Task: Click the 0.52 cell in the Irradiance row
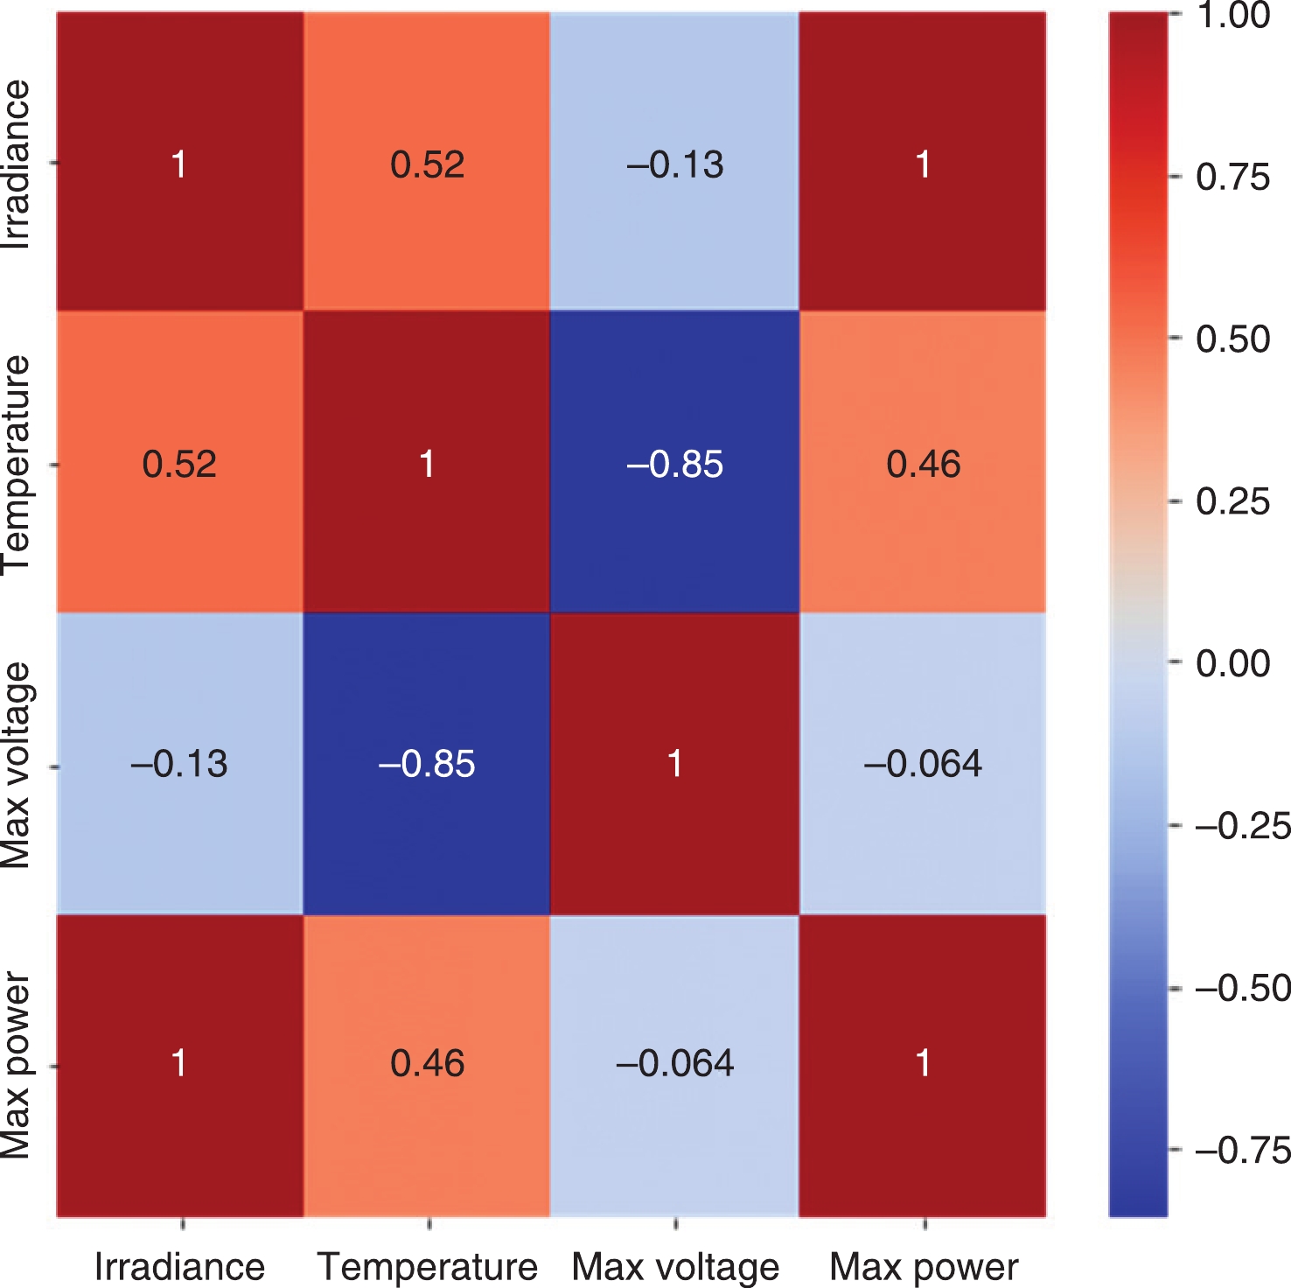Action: click(427, 164)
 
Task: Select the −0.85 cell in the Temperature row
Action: click(674, 464)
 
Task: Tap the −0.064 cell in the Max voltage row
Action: click(923, 764)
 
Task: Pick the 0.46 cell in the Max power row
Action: click(427, 1063)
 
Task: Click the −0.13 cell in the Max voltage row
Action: click(179, 764)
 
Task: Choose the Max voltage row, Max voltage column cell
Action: click(674, 764)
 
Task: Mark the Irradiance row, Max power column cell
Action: click(923, 164)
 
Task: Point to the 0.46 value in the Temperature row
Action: click(923, 464)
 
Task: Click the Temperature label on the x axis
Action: click(427, 1266)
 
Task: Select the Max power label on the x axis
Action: click(924, 1266)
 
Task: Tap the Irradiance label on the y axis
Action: click(17, 164)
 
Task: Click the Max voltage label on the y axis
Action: click(17, 765)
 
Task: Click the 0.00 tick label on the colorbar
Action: click(1232, 663)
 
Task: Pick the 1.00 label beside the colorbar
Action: click(1232, 16)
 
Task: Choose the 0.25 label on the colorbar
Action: click(1232, 501)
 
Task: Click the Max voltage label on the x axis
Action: click(675, 1266)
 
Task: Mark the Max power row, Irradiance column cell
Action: click(179, 1063)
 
